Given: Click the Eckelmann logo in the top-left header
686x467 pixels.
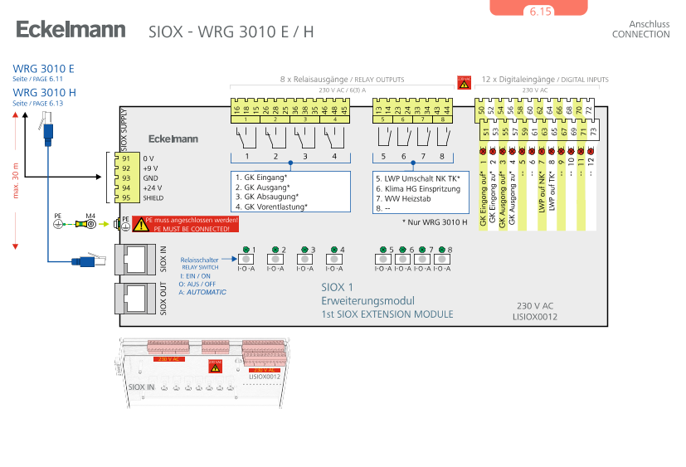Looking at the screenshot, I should coord(71,31).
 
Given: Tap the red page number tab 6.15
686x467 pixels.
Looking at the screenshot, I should coord(539,11).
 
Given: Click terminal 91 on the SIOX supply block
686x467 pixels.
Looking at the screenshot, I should coord(126,158).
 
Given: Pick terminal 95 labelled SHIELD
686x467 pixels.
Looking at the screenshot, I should coord(126,197).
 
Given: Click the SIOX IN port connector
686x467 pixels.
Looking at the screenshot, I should coord(133,258).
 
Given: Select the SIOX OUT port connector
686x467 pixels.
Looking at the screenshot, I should coord(133,297).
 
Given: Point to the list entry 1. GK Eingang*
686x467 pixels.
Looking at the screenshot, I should coord(261,178).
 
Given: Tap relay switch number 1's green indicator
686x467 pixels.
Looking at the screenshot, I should coord(246,250).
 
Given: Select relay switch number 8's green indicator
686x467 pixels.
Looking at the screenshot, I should coord(440,250).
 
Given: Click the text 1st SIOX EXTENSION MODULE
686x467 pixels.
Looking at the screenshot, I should coord(387,314).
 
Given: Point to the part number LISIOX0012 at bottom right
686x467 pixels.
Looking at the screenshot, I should coord(535,317).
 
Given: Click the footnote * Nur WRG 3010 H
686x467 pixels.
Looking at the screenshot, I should coord(435,222).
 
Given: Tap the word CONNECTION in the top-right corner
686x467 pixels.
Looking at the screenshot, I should coord(640,35).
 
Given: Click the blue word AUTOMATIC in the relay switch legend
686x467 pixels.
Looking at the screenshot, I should coord(206,293).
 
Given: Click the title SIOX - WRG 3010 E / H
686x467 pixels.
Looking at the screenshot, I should coord(231,32).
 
